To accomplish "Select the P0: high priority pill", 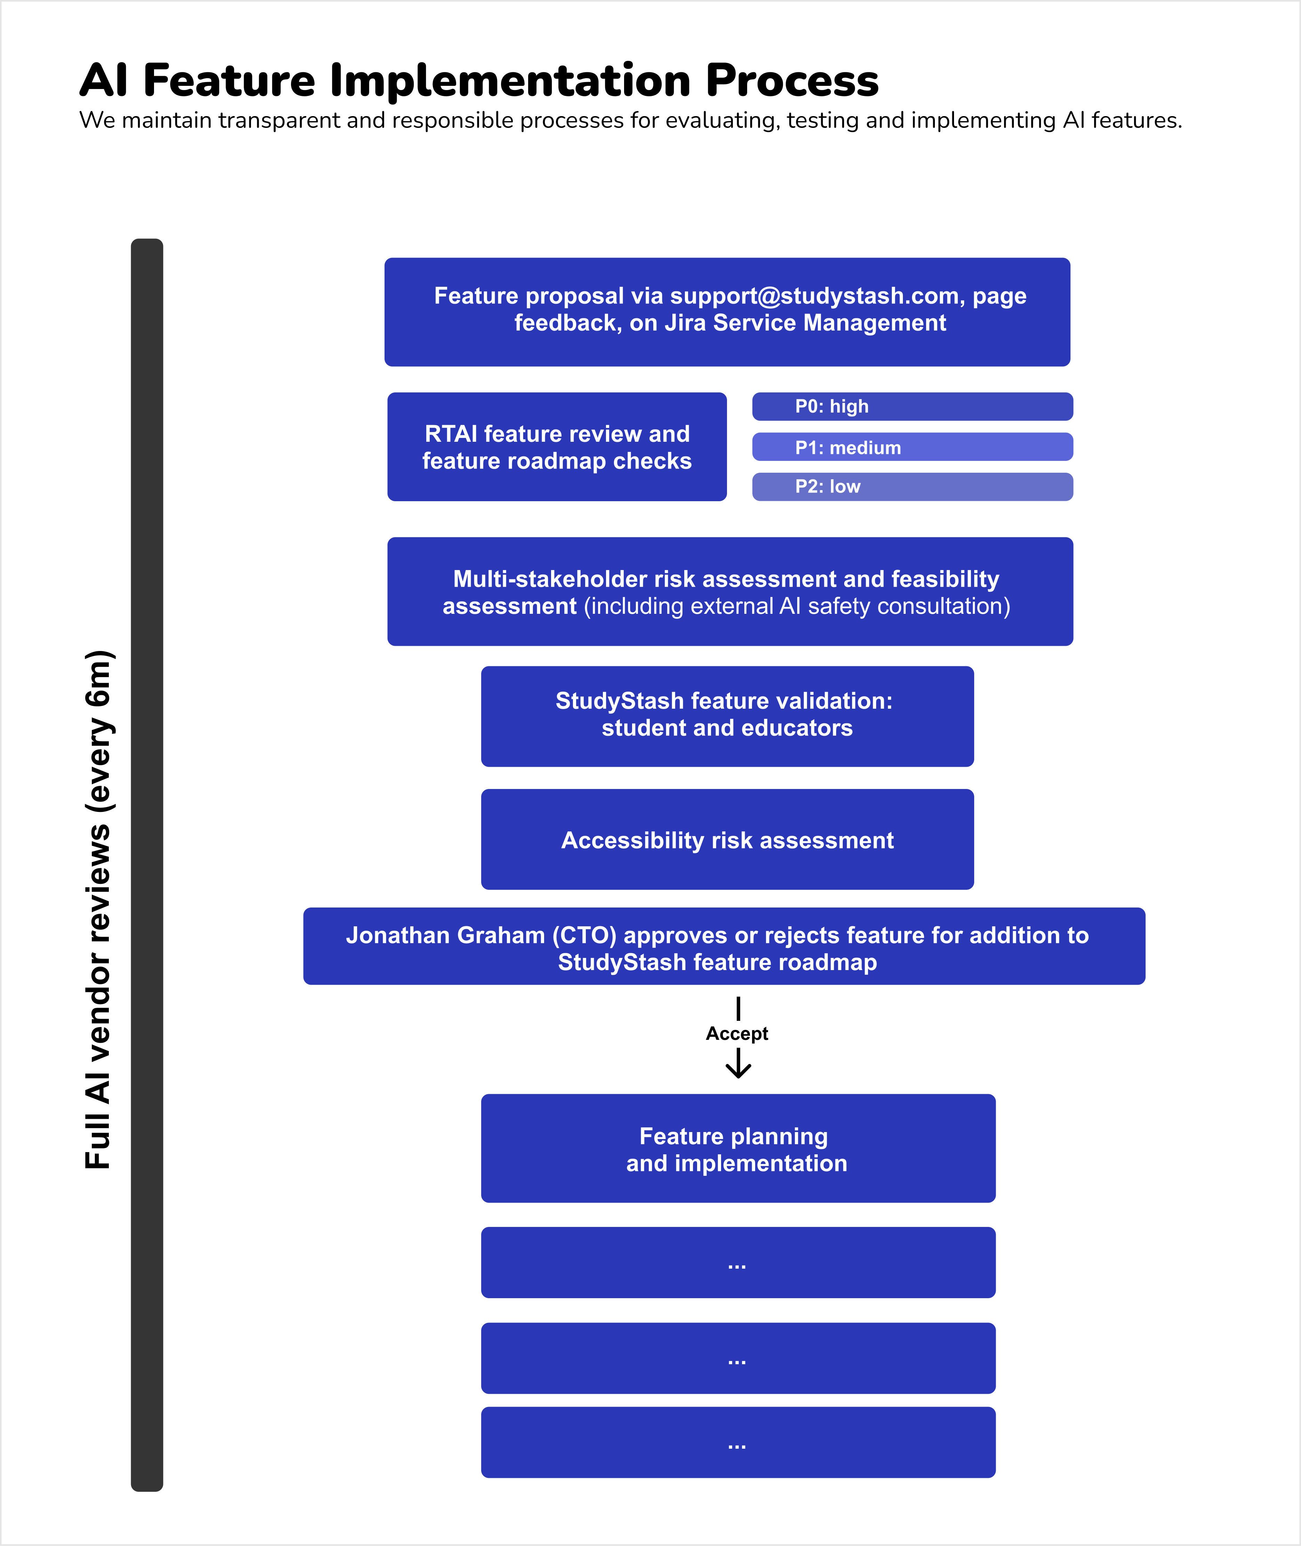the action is pos(912,406).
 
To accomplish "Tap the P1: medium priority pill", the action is pos(912,447).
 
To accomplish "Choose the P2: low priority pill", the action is pos(912,487).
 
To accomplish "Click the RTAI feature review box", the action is pos(557,447).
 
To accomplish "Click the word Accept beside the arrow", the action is pos(737,1034).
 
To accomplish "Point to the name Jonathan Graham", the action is pos(446,935).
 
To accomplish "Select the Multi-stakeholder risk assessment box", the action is pos(730,591).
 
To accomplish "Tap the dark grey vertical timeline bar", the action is pos(147,865).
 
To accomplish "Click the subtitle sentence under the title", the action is pos(631,120).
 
